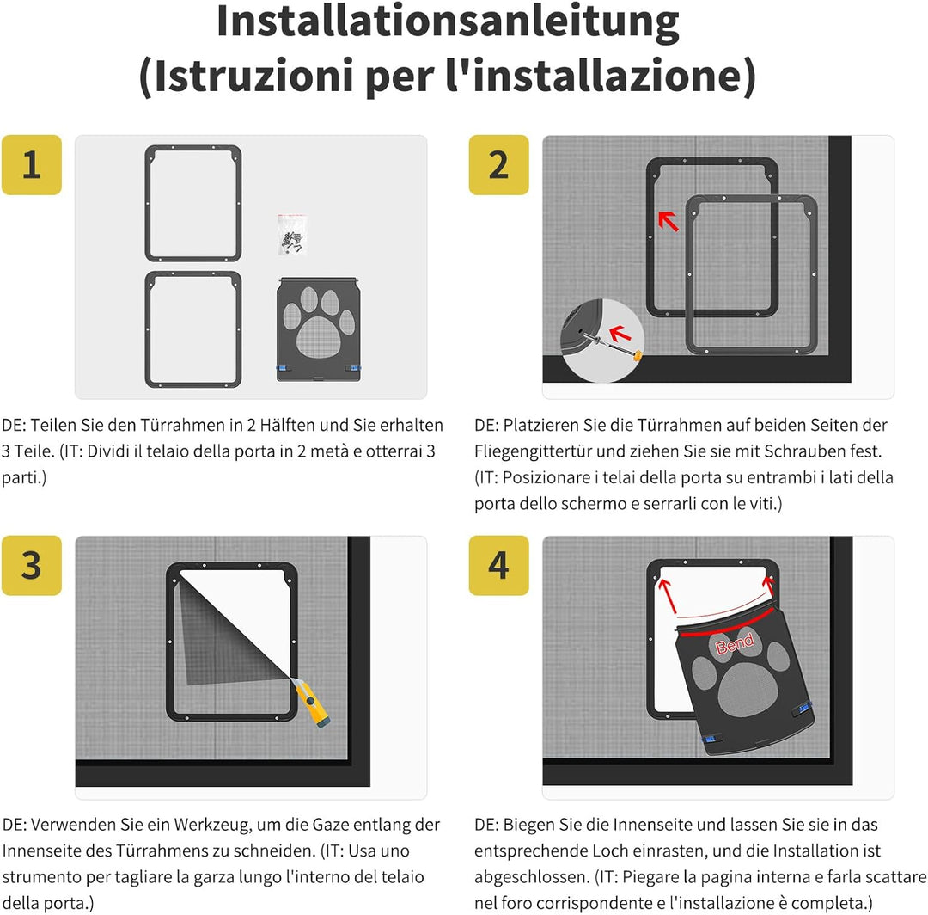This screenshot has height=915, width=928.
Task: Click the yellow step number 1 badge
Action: point(31,164)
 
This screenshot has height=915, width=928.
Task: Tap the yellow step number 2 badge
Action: point(498,164)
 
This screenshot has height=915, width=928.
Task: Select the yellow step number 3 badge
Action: point(31,565)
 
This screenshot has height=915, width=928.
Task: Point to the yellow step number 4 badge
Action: point(498,565)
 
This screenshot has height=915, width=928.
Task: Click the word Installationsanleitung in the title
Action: point(448,23)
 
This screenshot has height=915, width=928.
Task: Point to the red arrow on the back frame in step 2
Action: point(668,221)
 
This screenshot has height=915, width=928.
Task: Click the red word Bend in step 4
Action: point(735,644)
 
